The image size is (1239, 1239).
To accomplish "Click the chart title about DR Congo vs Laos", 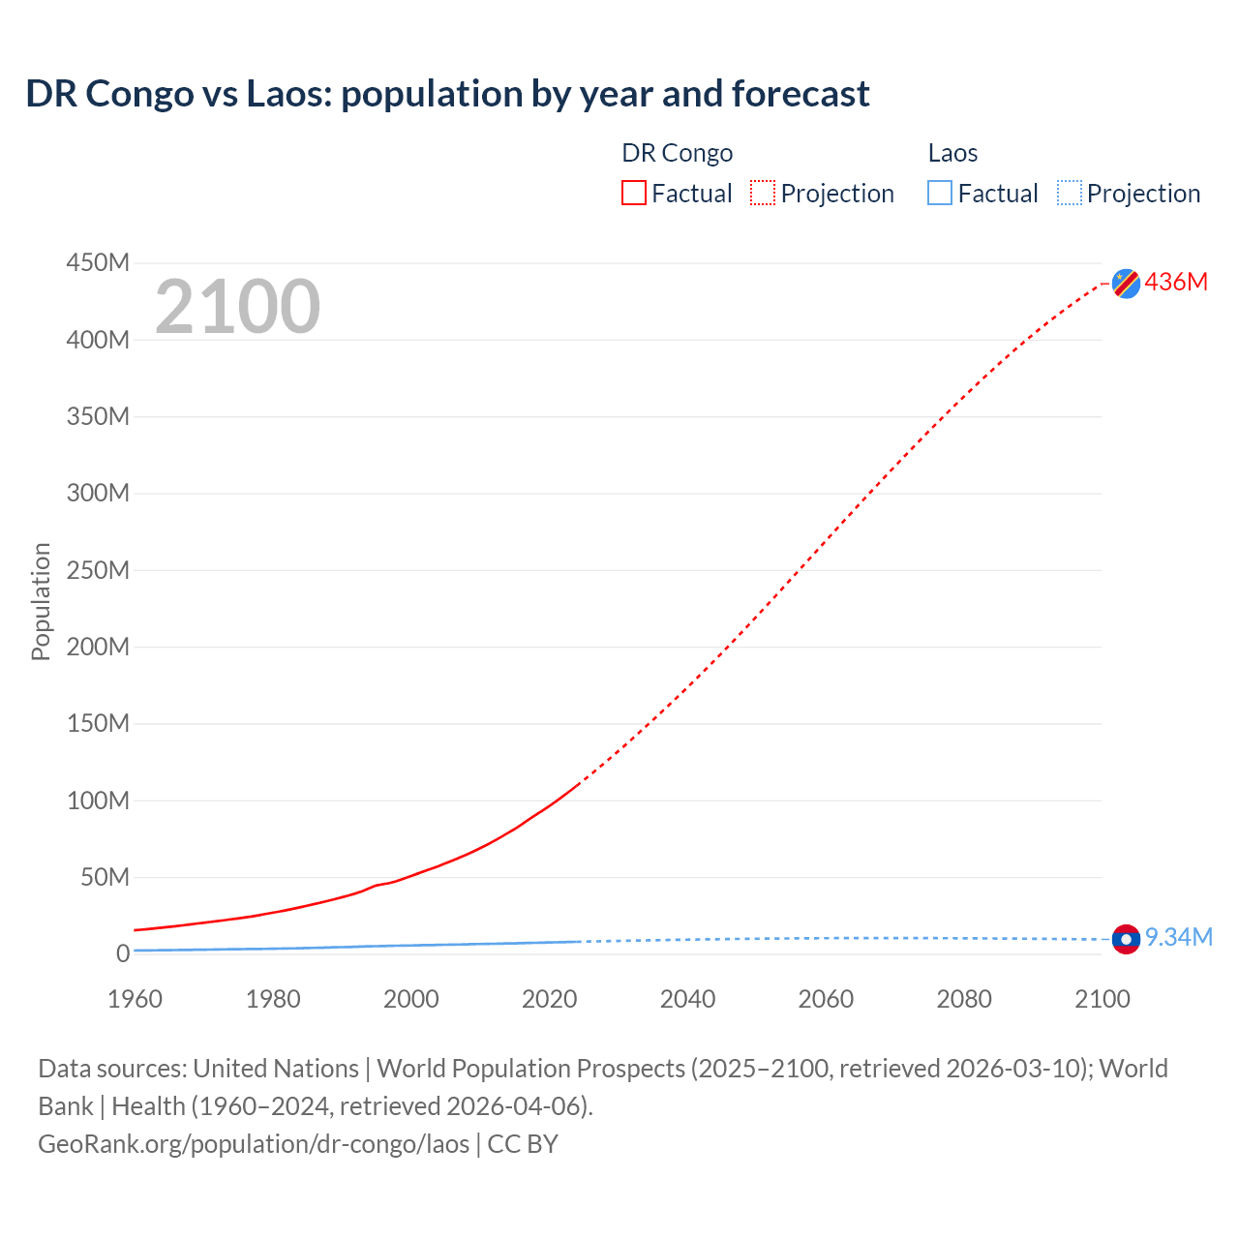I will pos(447,94).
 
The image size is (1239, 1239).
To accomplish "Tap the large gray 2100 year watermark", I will pos(237,307).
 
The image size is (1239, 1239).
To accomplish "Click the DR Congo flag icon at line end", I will pos(1126,283).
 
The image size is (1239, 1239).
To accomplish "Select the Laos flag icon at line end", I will pos(1126,938).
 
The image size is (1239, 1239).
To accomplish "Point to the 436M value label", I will pos(1176,282).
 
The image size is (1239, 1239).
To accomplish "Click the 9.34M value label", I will pos(1178,937).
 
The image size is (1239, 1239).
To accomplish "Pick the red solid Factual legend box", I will pos(634,194).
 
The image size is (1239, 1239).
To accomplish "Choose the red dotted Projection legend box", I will pos(763,194).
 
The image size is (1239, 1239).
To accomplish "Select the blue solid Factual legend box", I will pos(940,194).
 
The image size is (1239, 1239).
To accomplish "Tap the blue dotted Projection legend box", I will pos(1070,194).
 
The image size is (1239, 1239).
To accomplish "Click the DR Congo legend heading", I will pos(677,153).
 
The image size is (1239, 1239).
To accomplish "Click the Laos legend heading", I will pos(952,153).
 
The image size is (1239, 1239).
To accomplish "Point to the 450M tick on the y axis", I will pos(98,262).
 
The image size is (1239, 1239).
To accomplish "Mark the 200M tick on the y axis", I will pos(98,647).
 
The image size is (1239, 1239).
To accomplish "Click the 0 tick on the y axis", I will pos(122,953).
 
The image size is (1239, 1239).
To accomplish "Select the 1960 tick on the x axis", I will pos(135,999).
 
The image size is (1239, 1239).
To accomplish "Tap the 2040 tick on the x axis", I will pos(687,999).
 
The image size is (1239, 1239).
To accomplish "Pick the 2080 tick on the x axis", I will pos(964,999).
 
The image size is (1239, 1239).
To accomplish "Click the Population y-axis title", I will pos(41,601).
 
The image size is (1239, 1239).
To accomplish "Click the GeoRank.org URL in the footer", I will pos(254,1143).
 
